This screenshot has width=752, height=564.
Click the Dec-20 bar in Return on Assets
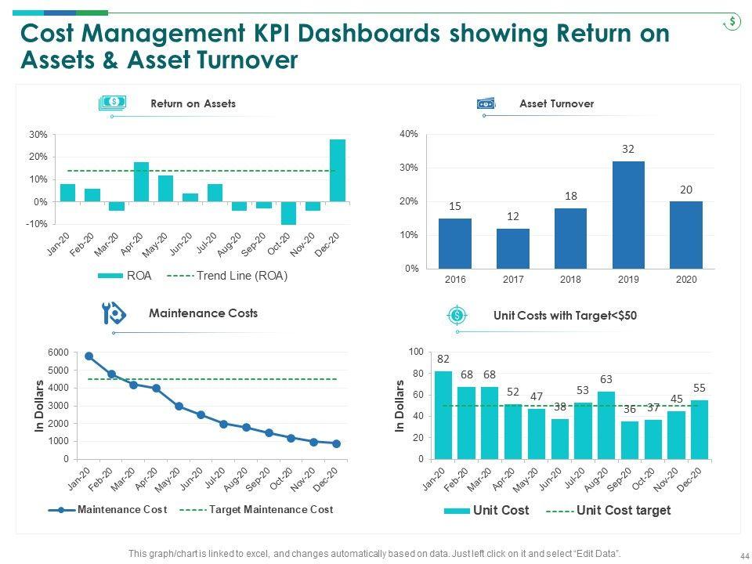coord(337,170)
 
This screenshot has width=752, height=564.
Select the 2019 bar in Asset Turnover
coord(628,215)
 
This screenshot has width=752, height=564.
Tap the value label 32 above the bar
coord(628,149)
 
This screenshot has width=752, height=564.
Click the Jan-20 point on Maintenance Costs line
coord(89,356)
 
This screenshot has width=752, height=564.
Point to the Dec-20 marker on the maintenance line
coord(336,443)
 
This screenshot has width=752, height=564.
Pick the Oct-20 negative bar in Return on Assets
coord(288,213)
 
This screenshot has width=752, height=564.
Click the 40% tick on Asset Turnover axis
coord(409,135)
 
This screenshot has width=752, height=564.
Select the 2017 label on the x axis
coord(512,280)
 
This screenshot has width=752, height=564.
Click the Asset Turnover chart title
coord(556,103)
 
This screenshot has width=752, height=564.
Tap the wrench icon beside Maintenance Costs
coord(114,314)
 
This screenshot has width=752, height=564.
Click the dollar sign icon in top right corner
coord(732,22)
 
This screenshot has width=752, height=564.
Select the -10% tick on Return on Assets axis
coord(38,224)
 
